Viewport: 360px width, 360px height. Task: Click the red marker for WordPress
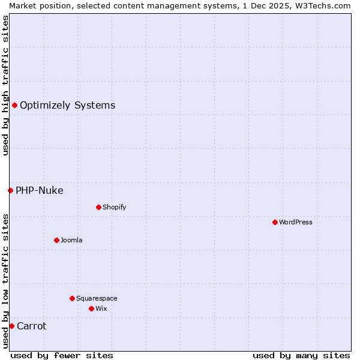click(x=275, y=222)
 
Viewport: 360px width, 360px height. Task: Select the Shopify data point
click(x=98, y=207)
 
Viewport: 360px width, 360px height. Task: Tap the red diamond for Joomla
click(x=56, y=240)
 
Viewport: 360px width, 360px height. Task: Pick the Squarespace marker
click(x=72, y=298)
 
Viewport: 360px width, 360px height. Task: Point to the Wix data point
click(x=91, y=308)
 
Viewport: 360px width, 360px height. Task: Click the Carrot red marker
click(x=11, y=326)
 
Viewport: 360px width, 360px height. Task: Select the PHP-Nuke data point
click(x=10, y=190)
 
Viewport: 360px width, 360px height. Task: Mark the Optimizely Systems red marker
click(x=14, y=105)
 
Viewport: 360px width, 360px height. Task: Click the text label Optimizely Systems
click(x=67, y=106)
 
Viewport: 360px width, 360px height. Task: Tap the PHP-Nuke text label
click(x=39, y=191)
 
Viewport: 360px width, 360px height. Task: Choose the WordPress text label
click(x=295, y=222)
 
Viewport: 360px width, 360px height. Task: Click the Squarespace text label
click(x=97, y=298)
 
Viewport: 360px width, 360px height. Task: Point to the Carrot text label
click(x=31, y=326)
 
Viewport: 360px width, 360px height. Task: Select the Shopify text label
click(x=114, y=207)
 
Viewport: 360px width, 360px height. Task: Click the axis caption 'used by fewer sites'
click(x=62, y=355)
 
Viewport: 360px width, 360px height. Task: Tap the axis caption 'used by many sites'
click(x=301, y=355)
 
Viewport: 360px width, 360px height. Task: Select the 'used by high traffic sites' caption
click(x=5, y=85)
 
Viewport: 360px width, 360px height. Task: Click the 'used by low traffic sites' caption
click(x=5, y=281)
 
